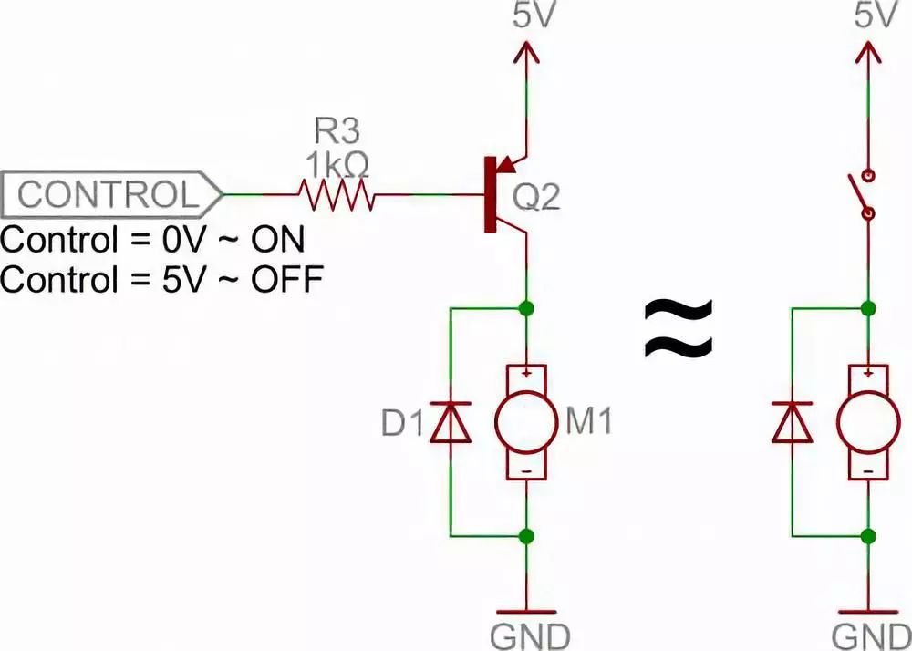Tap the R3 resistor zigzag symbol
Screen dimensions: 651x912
click(336, 194)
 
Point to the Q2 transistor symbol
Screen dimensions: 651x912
click(502, 194)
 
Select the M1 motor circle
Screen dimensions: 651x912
click(525, 422)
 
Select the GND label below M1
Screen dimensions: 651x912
click(529, 634)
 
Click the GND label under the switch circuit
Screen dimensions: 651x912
click(870, 634)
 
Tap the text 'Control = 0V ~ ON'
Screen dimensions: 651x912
click(152, 241)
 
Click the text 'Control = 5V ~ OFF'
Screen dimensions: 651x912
click(161, 279)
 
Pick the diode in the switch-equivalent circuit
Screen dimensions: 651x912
click(793, 422)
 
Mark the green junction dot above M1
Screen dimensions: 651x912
click(526, 308)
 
